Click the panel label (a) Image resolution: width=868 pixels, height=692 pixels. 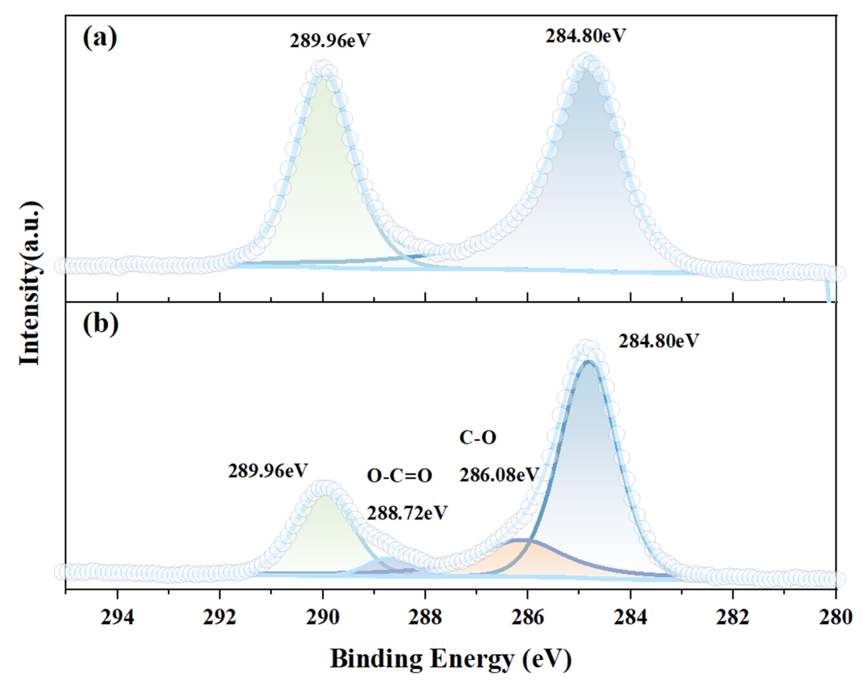point(100,39)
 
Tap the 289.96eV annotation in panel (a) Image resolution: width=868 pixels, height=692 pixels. point(329,41)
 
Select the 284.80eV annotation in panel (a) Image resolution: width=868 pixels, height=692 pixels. point(586,36)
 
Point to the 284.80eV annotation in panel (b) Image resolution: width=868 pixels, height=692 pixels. point(659,341)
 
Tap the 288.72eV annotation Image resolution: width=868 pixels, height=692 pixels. point(407,513)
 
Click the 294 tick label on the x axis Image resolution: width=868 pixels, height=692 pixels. point(117,617)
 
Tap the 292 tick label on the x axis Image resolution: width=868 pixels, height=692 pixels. point(220,617)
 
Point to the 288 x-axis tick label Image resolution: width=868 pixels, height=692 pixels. point(425,617)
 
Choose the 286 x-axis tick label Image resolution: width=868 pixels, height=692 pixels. point(527,617)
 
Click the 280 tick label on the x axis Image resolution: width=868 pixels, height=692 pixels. point(836,617)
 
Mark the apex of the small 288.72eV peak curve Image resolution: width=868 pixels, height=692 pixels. point(387,559)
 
